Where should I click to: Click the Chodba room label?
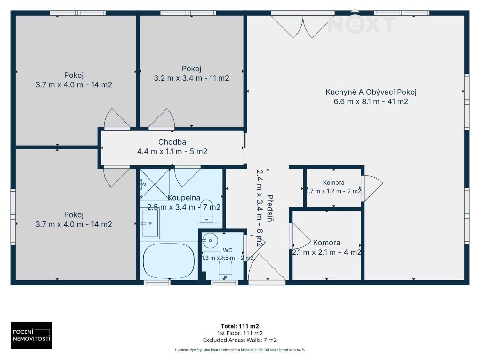tap(172, 142)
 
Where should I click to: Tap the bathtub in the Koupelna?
tap(169, 261)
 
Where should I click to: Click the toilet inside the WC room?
tap(225, 271)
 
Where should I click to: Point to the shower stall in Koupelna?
tap(155, 185)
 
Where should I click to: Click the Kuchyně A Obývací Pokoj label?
tap(371, 92)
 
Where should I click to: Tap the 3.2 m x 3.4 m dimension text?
tap(191, 78)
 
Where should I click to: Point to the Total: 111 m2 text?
tap(240, 326)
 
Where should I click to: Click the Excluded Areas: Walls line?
tap(240, 340)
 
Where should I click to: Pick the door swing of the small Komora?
tap(372, 188)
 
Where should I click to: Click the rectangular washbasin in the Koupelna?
tap(150, 223)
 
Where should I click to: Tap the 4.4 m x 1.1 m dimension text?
tap(172, 151)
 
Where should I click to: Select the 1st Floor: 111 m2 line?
tap(240, 333)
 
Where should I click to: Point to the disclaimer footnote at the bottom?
tap(240, 350)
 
